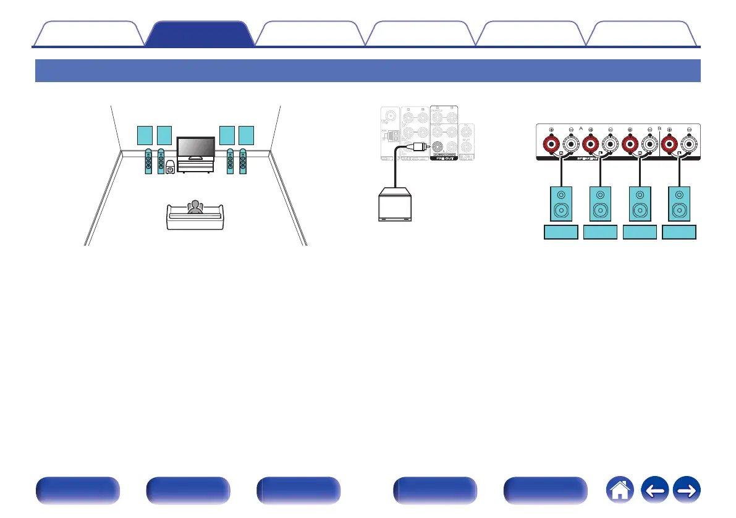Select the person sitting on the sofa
(195, 207)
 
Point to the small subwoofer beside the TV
(171, 167)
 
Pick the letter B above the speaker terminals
(659, 128)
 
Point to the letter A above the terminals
(581, 128)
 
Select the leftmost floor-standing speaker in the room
(148, 162)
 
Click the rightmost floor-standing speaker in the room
(243, 162)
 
